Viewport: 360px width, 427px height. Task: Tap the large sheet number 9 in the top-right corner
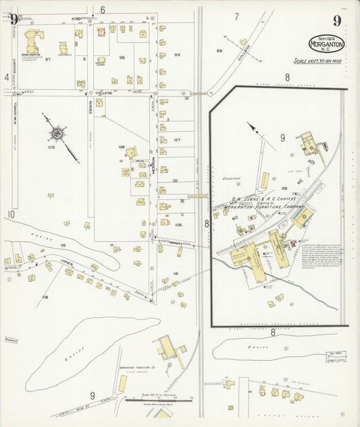pos(336,20)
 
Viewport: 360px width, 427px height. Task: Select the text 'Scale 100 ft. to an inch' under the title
pos(320,61)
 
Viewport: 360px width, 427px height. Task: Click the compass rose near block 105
pos(57,134)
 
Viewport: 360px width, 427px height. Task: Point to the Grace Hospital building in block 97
pos(32,42)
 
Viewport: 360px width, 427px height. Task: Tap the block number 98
pos(122,57)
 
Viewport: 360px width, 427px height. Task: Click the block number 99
pos(177,54)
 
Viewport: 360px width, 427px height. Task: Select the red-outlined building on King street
pos(101,31)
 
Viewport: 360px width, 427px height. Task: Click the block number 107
pos(177,140)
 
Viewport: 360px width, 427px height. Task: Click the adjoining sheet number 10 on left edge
pos(11,215)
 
